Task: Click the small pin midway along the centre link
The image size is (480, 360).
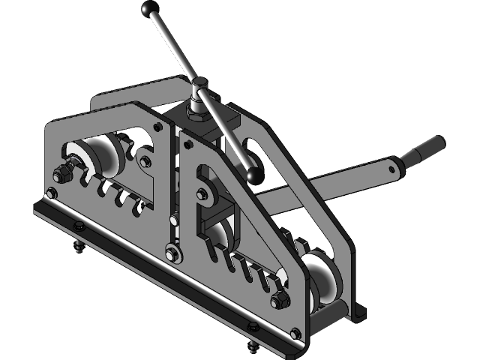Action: pyautogui.click(x=173, y=222)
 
